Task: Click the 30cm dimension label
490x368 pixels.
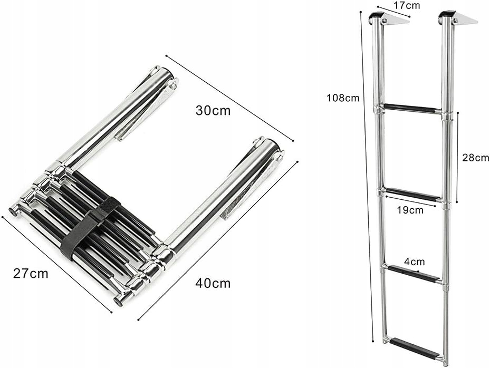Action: tap(213, 111)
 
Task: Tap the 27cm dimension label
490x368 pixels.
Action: tap(31, 273)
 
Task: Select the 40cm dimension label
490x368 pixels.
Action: tap(213, 283)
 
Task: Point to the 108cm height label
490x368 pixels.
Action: tap(342, 98)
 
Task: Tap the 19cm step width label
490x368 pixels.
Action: tap(409, 210)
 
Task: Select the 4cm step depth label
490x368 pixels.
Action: tap(415, 262)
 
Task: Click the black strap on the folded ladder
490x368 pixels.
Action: tap(90, 227)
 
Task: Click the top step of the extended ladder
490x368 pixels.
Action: tap(411, 109)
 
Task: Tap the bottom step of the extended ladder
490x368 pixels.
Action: tap(415, 348)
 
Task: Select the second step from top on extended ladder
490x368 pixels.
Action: tap(412, 195)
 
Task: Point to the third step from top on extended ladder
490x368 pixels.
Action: tap(414, 274)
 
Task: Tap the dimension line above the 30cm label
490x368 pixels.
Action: tap(229, 98)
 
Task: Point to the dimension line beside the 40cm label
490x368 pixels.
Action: tap(218, 240)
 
